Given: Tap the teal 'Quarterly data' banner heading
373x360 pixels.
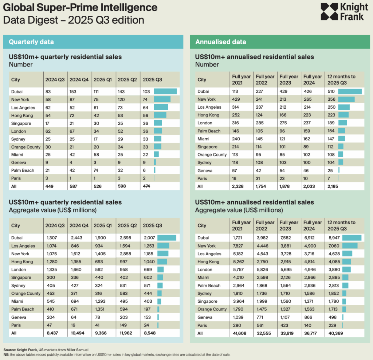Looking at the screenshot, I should coord(31,42).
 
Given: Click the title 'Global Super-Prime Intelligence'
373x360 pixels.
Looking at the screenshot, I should coord(81,8).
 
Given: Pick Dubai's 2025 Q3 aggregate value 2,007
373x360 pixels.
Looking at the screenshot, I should coord(149,238).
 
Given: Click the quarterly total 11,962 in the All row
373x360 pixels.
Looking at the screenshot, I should coord(124,333).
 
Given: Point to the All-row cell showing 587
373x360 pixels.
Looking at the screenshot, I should coord(74,186).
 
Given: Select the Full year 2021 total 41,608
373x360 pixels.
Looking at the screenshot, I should coord(239,333).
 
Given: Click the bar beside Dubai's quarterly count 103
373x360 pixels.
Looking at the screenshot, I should coord(165,92).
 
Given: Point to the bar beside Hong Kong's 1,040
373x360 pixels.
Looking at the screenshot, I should coord(162,262).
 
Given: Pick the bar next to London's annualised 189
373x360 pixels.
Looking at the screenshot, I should coord(342,123).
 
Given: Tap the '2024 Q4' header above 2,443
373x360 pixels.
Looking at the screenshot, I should coord(78,225).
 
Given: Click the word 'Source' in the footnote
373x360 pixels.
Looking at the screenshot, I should coord(9,349).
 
